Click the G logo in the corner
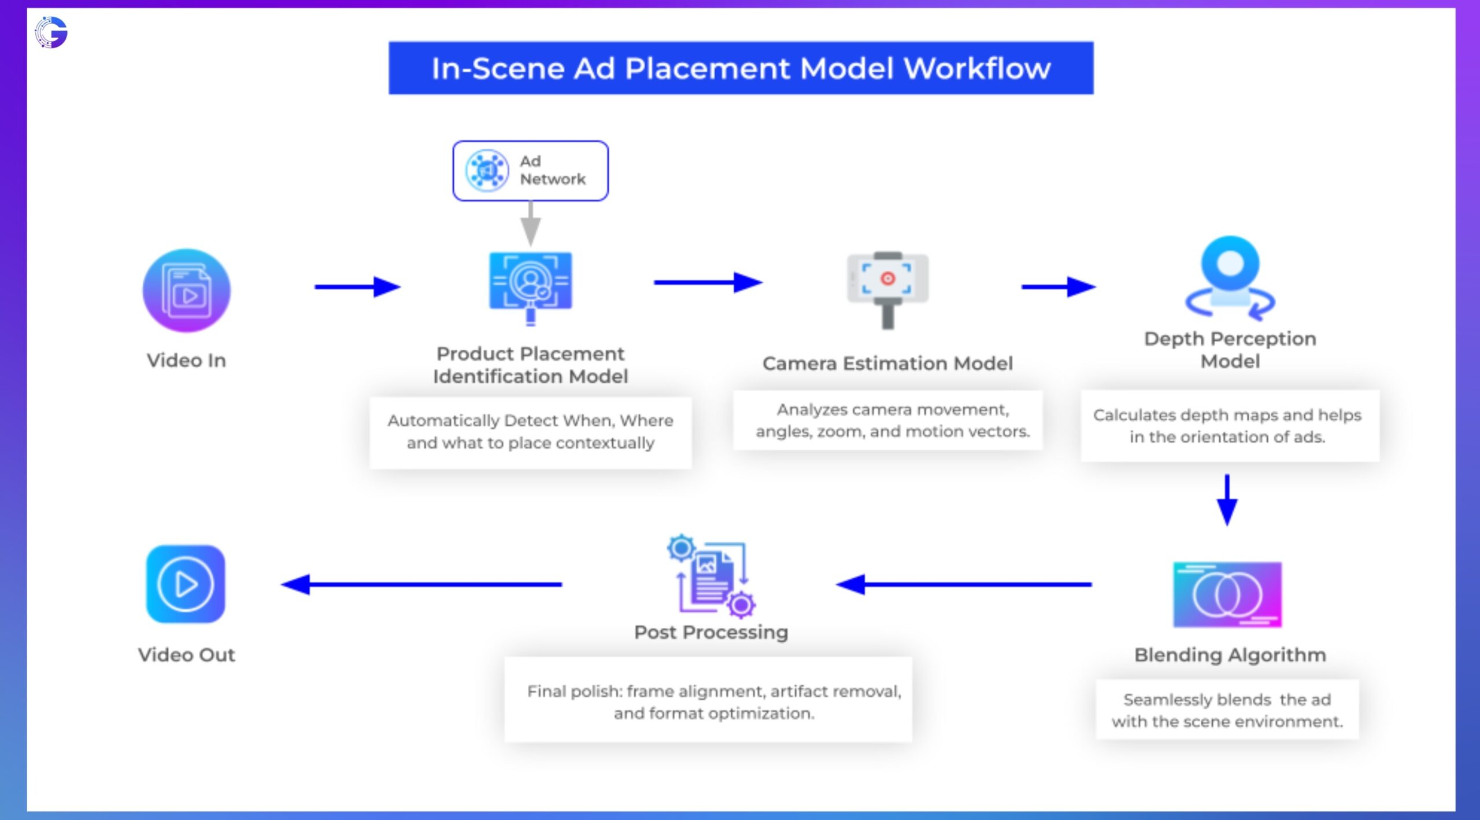(51, 32)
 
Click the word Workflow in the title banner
(976, 69)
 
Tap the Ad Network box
(530, 171)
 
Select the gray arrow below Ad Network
(530, 224)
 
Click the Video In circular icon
(186, 290)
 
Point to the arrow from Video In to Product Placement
(357, 286)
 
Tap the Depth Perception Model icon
(1230, 278)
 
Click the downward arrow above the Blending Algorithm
(1227, 500)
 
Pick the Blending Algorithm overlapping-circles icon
(1227, 594)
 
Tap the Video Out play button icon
(186, 584)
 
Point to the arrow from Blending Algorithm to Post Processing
(964, 584)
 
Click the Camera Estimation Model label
(887, 364)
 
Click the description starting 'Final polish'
(714, 702)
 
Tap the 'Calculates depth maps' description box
(1227, 426)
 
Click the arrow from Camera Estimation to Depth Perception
(1058, 286)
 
